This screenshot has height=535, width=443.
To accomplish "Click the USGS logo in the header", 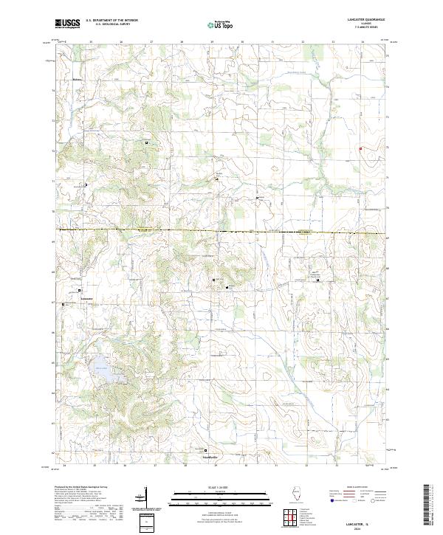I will click(68, 24).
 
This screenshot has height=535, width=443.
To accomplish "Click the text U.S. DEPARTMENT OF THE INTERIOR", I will click(111, 20).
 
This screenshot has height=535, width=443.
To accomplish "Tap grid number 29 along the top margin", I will click(213, 42).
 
